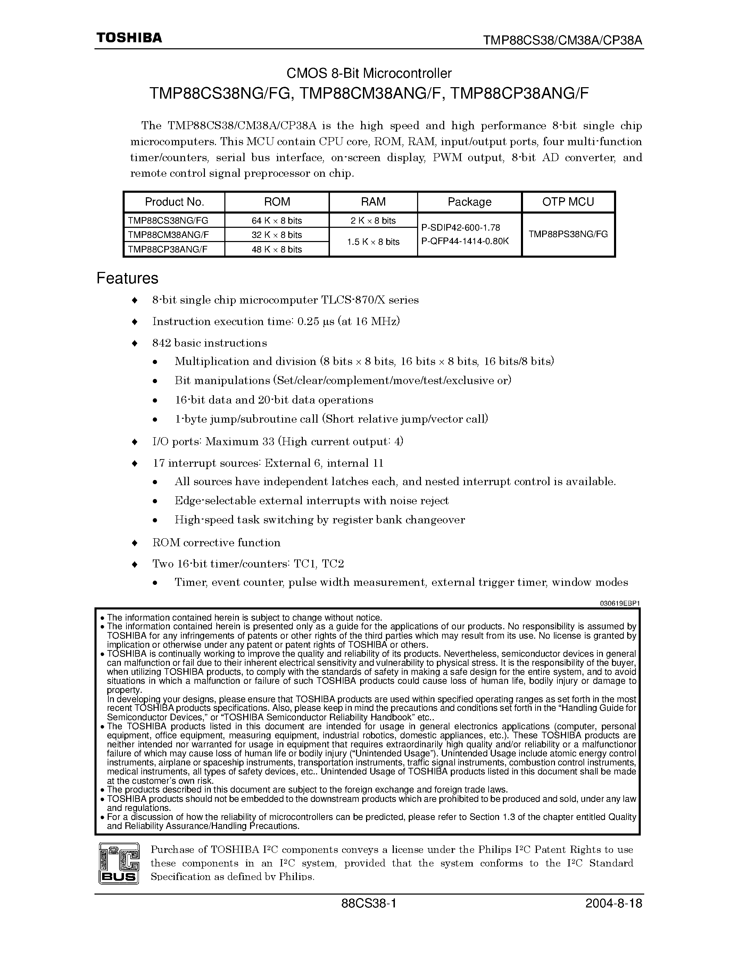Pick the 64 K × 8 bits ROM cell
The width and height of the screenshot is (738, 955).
pyautogui.click(x=277, y=221)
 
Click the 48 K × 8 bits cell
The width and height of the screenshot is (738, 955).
pyautogui.click(x=277, y=249)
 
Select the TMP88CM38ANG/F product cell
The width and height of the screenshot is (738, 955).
pyautogui.click(x=168, y=235)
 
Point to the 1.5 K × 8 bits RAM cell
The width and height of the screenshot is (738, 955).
pyautogui.click(x=373, y=242)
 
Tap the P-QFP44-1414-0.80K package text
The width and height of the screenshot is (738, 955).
pyautogui.click(x=465, y=241)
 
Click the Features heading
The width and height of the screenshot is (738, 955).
pyautogui.click(x=127, y=278)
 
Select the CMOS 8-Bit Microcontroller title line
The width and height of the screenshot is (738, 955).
pyautogui.click(x=368, y=73)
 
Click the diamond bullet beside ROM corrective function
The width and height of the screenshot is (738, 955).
pyautogui.click(x=135, y=543)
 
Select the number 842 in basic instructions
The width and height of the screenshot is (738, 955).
pyautogui.click(x=161, y=343)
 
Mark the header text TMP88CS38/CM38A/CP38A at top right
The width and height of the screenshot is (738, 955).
pyautogui.click(x=563, y=40)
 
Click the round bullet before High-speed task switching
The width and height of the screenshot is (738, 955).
pyautogui.click(x=155, y=520)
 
